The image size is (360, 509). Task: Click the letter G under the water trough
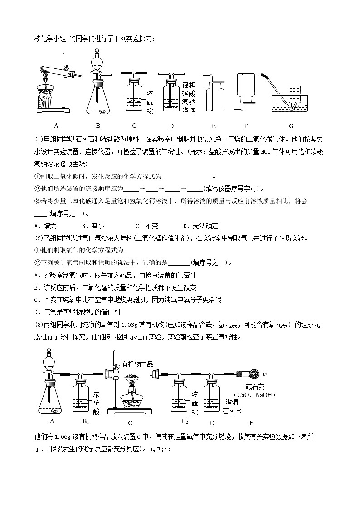click(291, 126)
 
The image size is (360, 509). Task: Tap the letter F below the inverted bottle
click(246, 126)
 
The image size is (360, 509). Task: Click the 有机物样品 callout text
click(138, 364)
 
